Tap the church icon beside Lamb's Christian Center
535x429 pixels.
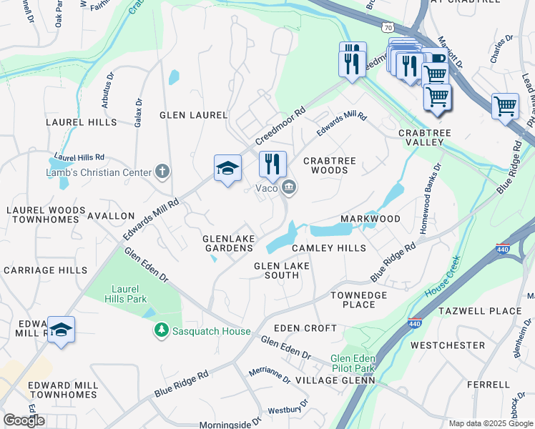(162, 172)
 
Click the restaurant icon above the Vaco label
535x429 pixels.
(273, 164)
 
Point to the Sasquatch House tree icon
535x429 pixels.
(162, 330)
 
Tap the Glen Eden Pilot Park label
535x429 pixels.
(353, 364)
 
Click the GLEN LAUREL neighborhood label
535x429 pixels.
(193, 115)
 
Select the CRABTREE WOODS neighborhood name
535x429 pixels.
(330, 166)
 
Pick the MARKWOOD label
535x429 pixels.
(370, 218)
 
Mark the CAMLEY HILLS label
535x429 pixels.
(329, 248)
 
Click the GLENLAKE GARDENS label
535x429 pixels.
(229, 243)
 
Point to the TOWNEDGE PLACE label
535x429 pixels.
(358, 300)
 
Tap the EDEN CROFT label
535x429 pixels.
(310, 328)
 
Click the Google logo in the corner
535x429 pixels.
(24, 420)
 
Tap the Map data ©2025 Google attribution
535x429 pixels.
(491, 423)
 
